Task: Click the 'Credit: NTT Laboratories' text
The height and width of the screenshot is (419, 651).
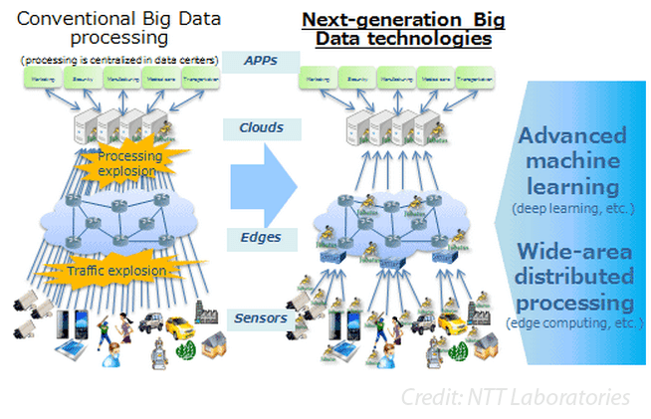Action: pyautogui.click(x=515, y=397)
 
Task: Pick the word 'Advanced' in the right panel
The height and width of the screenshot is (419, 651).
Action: pyautogui.click(x=570, y=135)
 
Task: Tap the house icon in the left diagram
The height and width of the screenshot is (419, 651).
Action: pyautogui.click(x=216, y=343)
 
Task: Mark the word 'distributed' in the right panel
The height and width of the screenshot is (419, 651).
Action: pyautogui.click(x=570, y=276)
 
